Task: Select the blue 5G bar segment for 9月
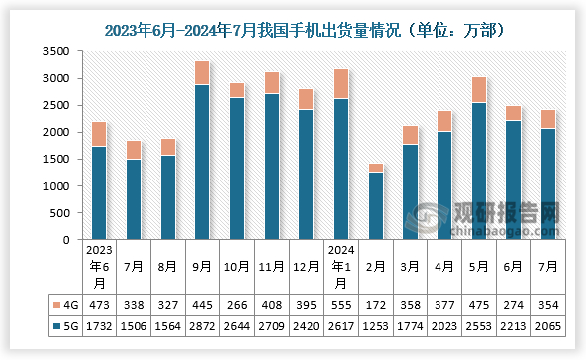(202, 163)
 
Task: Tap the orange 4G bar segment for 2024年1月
(341, 84)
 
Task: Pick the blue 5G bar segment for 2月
(376, 205)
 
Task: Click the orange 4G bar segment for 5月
(479, 90)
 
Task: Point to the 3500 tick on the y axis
(54, 51)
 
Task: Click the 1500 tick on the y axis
(54, 160)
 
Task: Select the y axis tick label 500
(58, 213)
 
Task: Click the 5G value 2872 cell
(202, 326)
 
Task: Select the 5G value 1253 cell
(376, 326)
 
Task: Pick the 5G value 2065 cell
(548, 326)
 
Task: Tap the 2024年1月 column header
(341, 266)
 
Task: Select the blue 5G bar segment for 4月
(444, 185)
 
